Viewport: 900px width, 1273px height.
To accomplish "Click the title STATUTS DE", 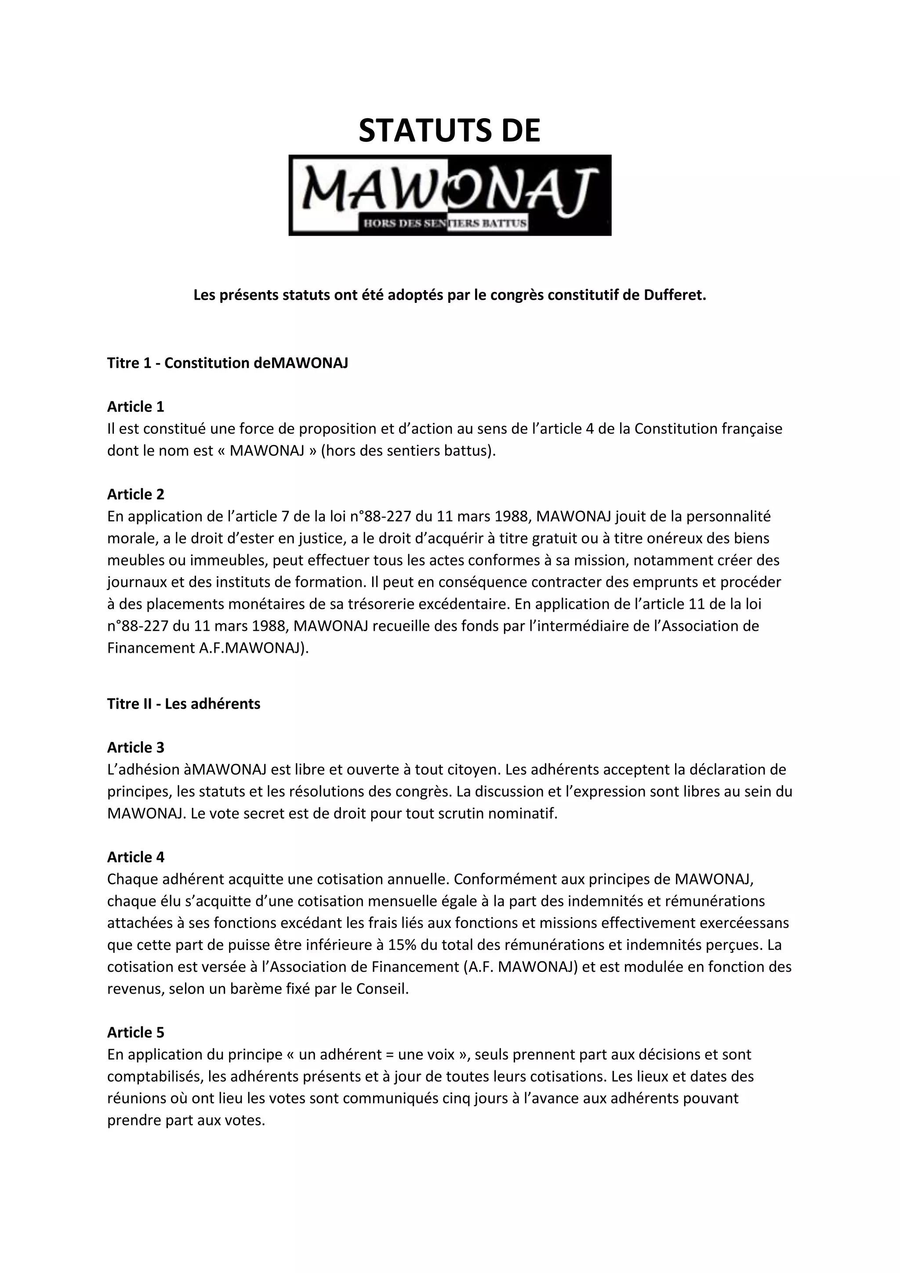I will coord(450,131).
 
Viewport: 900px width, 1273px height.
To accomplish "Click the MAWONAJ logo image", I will coord(450,195).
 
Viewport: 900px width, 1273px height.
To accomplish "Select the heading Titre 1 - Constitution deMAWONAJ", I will coord(227,363).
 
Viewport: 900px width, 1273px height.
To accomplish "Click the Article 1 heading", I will coord(136,407).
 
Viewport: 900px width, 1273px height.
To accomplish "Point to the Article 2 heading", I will coord(136,495).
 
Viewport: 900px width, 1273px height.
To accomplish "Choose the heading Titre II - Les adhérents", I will coord(183,704).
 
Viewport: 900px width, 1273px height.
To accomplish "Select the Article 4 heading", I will coord(136,857).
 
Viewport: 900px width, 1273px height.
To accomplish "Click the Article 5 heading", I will coord(136,1033).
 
